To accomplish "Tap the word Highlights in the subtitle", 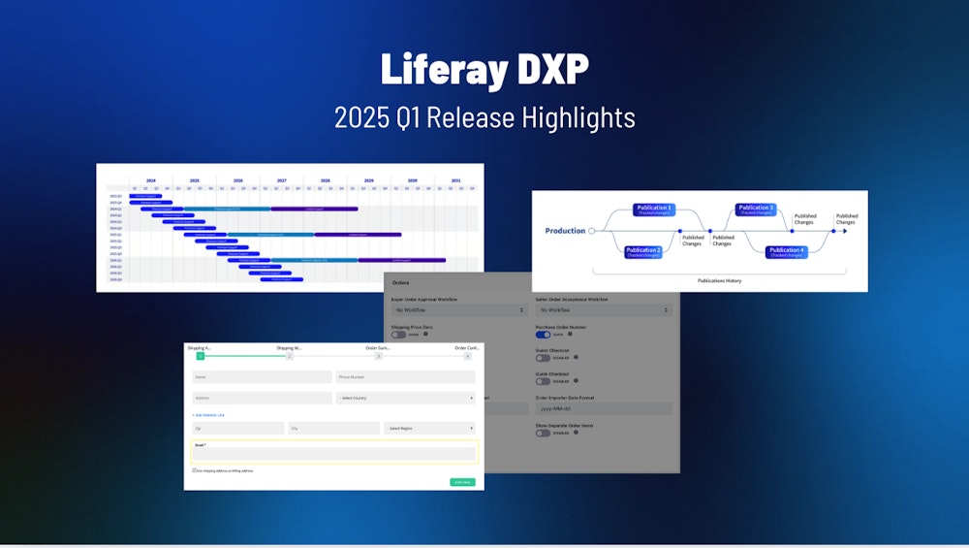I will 579,117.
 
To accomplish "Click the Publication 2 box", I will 642,252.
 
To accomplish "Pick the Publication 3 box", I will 756,210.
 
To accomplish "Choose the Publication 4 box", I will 786,252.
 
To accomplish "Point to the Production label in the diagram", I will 565,231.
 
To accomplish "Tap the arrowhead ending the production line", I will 858,231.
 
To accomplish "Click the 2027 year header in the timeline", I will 281,180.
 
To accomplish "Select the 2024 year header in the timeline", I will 150,180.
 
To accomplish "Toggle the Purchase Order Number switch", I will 543,335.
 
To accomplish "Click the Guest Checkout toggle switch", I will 543,358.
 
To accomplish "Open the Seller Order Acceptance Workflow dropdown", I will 603,310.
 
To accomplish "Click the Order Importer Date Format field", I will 603,409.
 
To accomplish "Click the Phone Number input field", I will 405,377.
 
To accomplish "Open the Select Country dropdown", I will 405,398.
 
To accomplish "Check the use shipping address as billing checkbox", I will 195,470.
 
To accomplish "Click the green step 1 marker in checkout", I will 200,356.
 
